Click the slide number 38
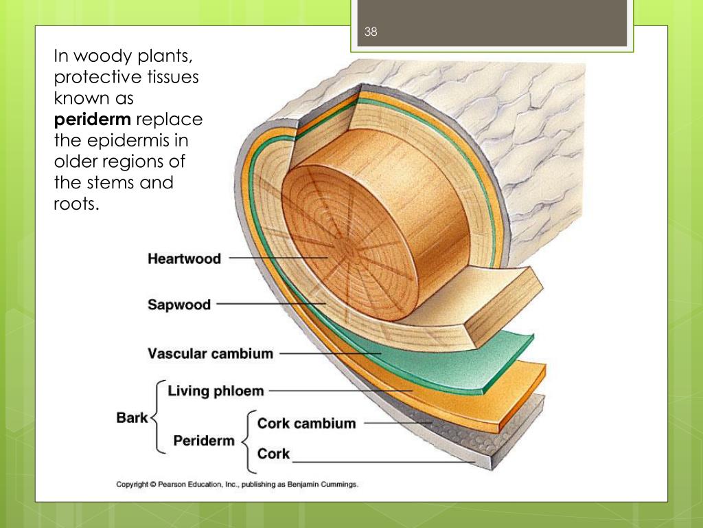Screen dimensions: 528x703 (x=371, y=32)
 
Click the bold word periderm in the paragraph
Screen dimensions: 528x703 (x=93, y=120)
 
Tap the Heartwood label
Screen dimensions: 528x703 (x=184, y=259)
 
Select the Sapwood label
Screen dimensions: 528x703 (x=179, y=305)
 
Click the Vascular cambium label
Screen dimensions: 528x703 (x=210, y=354)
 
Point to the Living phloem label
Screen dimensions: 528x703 (x=216, y=391)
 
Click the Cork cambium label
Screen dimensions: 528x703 (x=306, y=423)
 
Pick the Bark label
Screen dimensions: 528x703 (x=132, y=417)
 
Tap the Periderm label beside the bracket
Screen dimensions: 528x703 (x=204, y=441)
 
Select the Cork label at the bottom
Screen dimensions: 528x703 (x=273, y=454)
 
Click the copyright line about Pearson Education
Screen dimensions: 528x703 (x=237, y=485)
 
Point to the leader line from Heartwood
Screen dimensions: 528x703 (x=275, y=258)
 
